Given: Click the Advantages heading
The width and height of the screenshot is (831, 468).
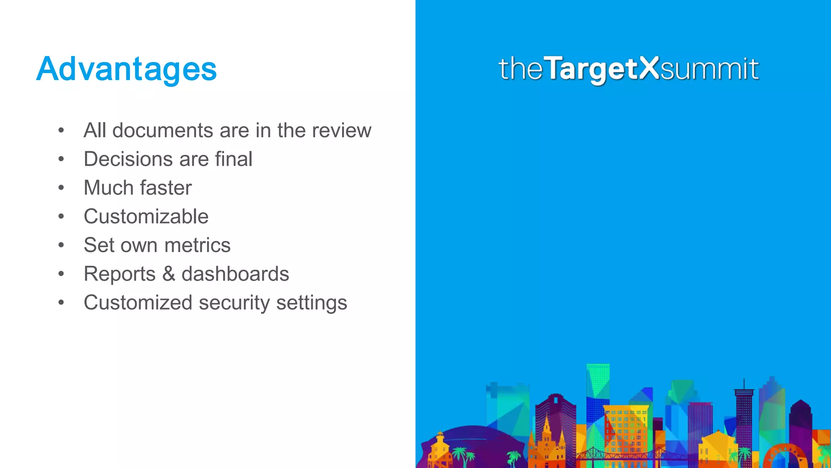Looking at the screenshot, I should click(x=126, y=69).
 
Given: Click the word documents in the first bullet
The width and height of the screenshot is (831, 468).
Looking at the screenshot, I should click(x=162, y=130).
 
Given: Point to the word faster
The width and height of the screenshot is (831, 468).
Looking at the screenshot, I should click(x=166, y=188).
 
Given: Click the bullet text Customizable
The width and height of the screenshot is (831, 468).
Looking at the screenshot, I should click(x=146, y=217).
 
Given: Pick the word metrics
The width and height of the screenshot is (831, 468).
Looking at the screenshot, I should click(x=197, y=245).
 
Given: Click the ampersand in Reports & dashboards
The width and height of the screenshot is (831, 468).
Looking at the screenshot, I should click(x=168, y=274).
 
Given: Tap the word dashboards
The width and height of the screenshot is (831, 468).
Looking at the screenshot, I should click(x=235, y=274).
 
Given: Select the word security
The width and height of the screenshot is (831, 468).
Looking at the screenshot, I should click(x=234, y=303).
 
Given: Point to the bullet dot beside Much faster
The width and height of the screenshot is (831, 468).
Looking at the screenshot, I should click(x=61, y=188).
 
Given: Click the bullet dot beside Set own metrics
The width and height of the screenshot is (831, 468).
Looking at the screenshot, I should click(x=61, y=245).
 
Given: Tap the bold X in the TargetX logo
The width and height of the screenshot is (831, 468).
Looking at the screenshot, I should click(x=650, y=68).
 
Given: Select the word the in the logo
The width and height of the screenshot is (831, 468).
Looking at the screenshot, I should click(x=521, y=69).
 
